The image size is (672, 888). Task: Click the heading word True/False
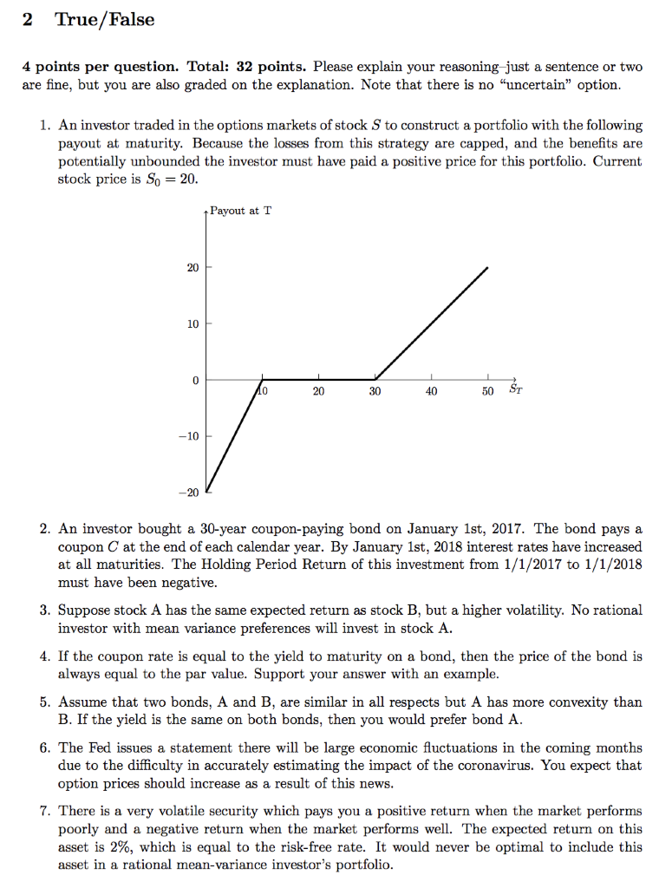(x=105, y=20)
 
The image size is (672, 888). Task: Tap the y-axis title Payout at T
(x=240, y=211)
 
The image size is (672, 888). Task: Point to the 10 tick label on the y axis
(x=192, y=323)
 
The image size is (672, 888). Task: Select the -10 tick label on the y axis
(x=190, y=436)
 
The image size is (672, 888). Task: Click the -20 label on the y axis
(x=190, y=493)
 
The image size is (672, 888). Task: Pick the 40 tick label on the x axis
(x=431, y=391)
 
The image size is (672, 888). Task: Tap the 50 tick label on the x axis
(x=488, y=391)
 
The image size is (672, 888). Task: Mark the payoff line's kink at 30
(x=375, y=379)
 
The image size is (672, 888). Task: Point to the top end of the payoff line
(x=487, y=267)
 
